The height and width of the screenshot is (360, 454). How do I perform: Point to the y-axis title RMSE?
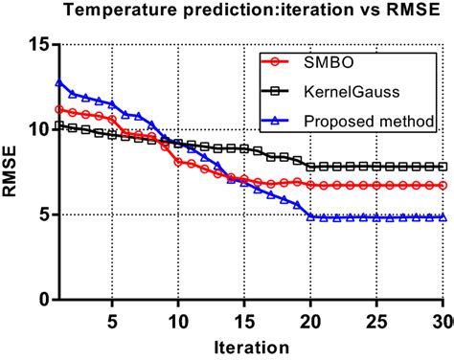pyautogui.click(x=13, y=171)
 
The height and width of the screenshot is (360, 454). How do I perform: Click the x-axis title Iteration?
pyautogui.click(x=253, y=346)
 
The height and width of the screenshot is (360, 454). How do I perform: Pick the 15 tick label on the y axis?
pyautogui.click(x=38, y=45)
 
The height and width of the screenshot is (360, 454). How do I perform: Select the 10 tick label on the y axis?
pyautogui.click(x=38, y=130)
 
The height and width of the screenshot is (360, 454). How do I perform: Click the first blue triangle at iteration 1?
pyautogui.click(x=60, y=83)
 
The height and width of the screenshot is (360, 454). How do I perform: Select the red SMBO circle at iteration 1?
pyautogui.click(x=60, y=110)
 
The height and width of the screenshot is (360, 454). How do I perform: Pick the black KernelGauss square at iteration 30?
pyautogui.click(x=443, y=167)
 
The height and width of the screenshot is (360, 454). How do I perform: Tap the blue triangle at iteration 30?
pyautogui.click(x=443, y=217)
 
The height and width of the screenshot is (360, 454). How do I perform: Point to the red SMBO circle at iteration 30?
pyautogui.click(x=443, y=185)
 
